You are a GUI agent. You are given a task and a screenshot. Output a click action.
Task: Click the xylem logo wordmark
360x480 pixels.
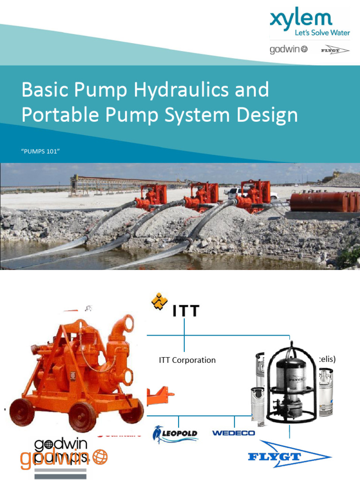[300, 20]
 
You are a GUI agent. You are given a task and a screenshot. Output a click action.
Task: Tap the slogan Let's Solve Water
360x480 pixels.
[322, 33]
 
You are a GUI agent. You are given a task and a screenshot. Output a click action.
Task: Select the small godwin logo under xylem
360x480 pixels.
[288, 49]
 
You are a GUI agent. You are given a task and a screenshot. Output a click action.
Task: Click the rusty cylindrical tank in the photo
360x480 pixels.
[323, 201]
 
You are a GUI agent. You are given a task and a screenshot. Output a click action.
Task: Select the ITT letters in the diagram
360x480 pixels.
[186, 311]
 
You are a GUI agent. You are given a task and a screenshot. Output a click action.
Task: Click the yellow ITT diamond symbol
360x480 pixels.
[159, 302]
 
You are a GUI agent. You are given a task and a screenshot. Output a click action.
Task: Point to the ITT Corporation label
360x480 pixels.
[187, 360]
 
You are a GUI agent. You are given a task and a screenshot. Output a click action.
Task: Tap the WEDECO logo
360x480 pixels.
[233, 433]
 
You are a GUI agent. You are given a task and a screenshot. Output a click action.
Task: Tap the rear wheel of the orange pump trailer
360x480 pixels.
[22, 412]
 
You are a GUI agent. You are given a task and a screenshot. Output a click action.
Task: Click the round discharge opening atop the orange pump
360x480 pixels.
[125, 324]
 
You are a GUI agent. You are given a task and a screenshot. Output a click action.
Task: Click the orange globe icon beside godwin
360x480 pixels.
[100, 457]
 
